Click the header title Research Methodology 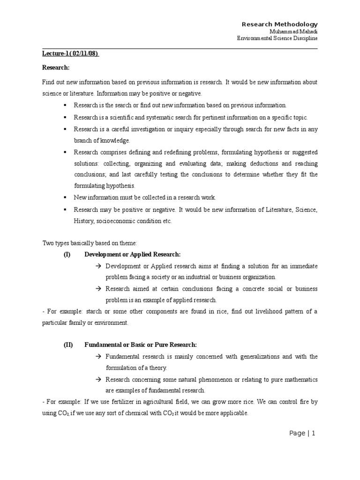coord(279,24)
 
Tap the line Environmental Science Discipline coord(277,38)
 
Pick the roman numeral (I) coord(68,254)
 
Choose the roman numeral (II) coord(69,345)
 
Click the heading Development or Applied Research coord(132,254)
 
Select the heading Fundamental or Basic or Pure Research coord(141,345)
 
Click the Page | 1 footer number coord(302,434)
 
